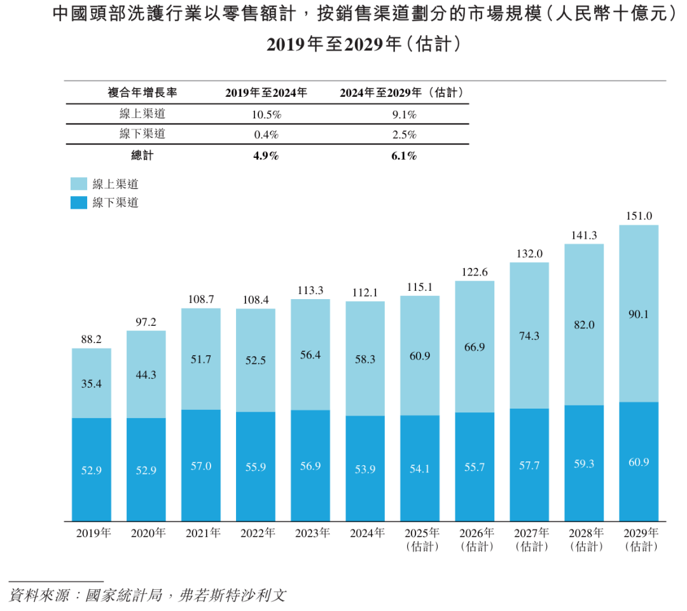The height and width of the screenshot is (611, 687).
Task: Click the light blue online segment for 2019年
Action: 91,383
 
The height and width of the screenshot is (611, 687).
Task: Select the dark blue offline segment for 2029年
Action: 639,461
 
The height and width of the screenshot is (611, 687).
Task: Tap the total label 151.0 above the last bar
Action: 639,216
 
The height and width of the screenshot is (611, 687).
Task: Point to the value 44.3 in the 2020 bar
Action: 146,375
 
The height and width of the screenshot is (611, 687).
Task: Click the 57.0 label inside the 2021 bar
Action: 200,466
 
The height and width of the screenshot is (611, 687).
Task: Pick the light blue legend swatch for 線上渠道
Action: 79,184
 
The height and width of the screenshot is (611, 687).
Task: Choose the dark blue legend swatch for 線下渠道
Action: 79,202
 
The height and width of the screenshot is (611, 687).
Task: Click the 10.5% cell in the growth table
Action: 267,115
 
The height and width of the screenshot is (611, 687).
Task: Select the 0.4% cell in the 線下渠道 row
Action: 267,134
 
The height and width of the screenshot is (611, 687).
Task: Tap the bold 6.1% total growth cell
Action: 404,155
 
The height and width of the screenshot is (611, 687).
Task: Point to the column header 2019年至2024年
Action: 267,92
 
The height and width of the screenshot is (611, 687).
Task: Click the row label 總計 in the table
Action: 142,155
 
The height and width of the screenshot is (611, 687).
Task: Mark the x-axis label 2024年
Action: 367,533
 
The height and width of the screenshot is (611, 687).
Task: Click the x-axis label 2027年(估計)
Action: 531,540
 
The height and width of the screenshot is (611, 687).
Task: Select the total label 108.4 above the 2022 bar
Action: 256,300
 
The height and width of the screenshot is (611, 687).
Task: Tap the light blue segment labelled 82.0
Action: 584,325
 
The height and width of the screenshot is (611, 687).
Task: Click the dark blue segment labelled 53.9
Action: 365,468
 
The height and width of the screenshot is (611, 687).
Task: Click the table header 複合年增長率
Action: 142,92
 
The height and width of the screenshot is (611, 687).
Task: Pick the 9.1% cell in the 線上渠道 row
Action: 404,115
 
